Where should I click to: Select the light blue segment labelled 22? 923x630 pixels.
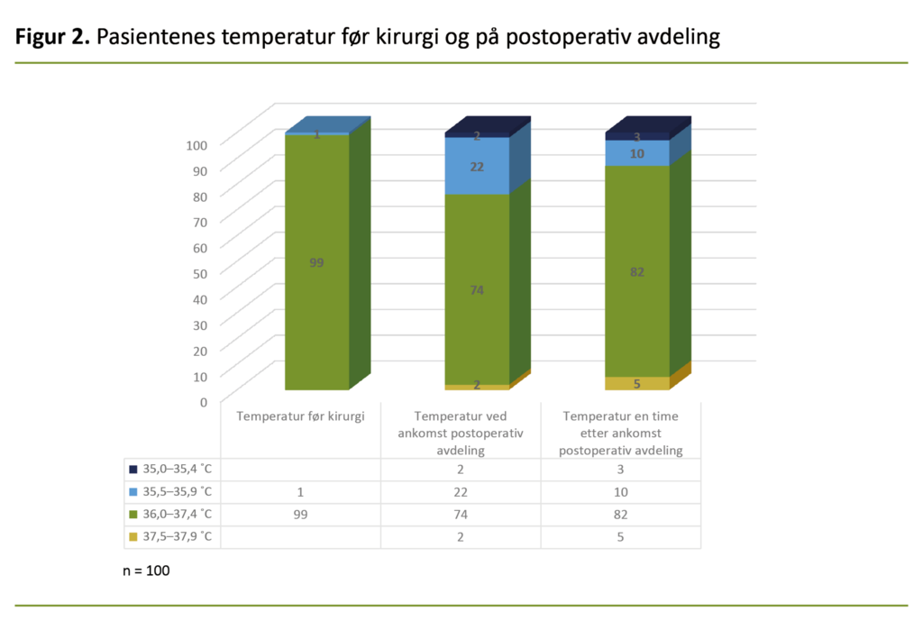click(477, 166)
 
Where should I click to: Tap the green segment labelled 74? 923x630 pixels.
click(477, 289)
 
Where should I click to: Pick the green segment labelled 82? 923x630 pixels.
click(637, 271)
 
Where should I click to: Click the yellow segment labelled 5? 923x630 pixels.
click(637, 383)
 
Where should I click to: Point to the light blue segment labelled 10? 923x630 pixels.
click(637, 153)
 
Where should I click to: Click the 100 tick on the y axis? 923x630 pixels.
click(197, 144)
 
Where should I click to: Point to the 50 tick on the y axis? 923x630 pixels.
click(200, 272)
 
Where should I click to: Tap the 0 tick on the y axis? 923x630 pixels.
click(204, 401)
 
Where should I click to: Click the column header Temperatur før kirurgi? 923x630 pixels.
click(300, 416)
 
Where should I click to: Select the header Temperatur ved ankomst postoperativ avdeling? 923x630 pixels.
click(461, 433)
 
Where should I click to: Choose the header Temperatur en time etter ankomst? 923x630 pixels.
click(620, 433)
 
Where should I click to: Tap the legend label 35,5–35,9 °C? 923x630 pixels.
click(177, 492)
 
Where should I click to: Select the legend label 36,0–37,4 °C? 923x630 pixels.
click(177, 515)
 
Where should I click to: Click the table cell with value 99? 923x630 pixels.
click(300, 515)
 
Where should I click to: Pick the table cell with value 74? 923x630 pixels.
click(461, 515)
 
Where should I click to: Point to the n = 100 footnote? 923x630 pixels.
click(146, 571)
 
